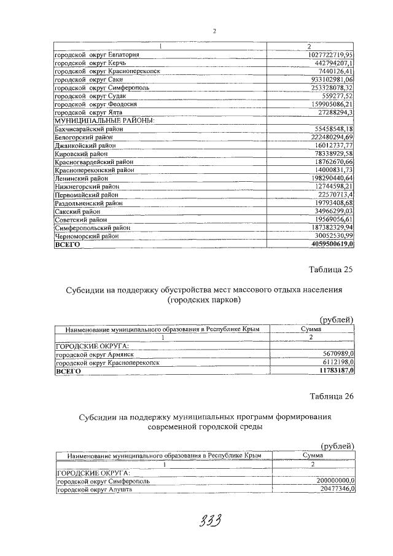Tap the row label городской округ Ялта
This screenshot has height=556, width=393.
tap(89, 112)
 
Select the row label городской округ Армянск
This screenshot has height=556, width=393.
tap(95, 354)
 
